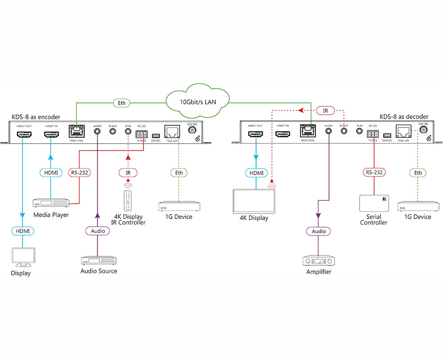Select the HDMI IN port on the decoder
[x=283, y=132]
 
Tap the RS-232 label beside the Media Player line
[x=80, y=172]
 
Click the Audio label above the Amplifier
[x=319, y=231]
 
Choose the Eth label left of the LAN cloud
[x=122, y=103]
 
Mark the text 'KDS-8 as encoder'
[x=36, y=117]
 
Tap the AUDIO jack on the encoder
[x=97, y=132]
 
